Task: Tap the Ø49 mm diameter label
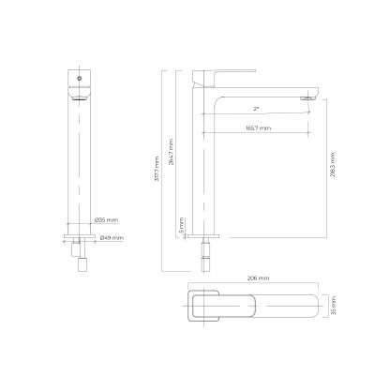coord(106,237)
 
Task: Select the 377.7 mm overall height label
coord(158,172)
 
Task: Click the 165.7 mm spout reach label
coord(258,127)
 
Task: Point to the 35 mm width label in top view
coord(330,306)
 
